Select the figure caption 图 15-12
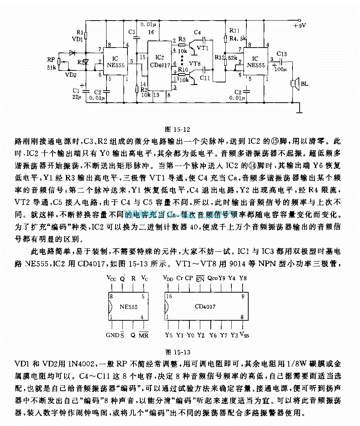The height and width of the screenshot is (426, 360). [x=178, y=130]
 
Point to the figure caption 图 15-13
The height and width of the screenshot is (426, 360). [x=178, y=352]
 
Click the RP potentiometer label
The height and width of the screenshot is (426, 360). [x=51, y=60]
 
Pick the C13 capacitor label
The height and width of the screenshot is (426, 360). [x=282, y=54]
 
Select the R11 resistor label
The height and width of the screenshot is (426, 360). [x=234, y=30]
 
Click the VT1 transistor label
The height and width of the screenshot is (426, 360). [x=202, y=48]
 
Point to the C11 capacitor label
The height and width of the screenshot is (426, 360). [x=205, y=78]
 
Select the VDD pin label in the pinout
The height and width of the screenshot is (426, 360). [x=168, y=278]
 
